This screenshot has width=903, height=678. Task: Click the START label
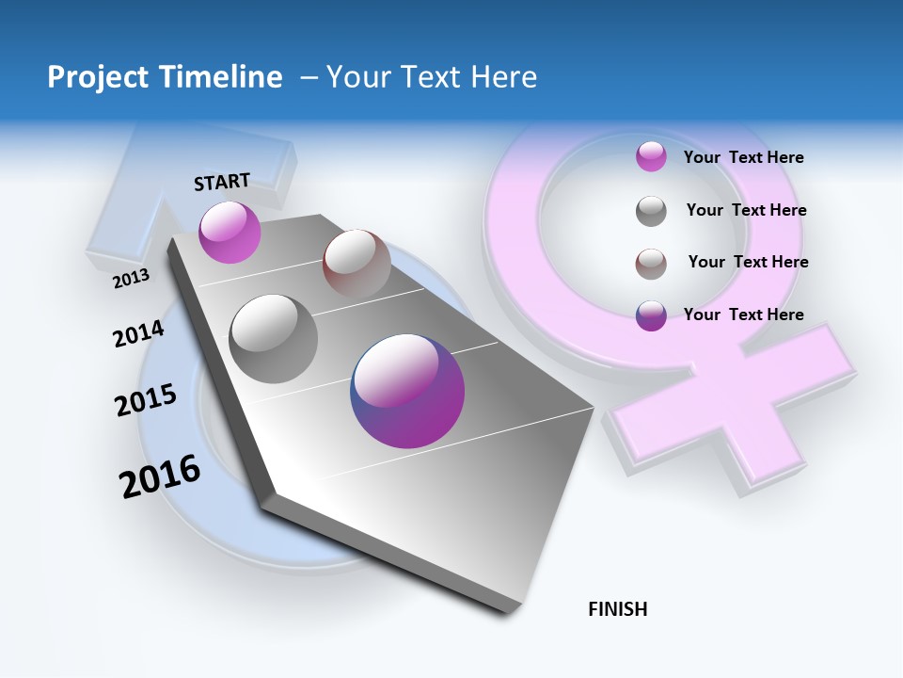222,182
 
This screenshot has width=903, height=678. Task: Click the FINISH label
618,609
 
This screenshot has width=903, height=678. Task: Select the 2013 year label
132,278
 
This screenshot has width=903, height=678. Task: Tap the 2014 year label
139,333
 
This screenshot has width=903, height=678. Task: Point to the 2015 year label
146,400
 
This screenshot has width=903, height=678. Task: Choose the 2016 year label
160,476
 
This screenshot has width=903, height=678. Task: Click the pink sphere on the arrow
230,232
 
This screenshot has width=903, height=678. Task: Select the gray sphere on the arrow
274,338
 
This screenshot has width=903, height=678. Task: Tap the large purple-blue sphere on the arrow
407,391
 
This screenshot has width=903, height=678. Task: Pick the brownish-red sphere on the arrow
356,263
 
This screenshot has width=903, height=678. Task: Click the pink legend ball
651,156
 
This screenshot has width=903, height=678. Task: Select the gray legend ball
651,211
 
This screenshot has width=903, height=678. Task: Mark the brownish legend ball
651,264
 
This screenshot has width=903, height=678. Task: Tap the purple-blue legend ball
651,315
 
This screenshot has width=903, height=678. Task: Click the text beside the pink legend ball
744,157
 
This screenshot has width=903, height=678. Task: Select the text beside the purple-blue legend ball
744,315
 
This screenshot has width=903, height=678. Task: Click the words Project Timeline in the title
165,77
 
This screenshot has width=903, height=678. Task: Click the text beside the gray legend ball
747,210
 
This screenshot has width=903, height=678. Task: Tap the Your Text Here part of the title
432,77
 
